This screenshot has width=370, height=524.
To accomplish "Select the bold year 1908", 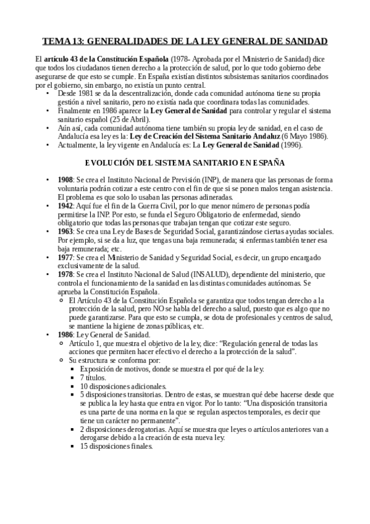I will point(65,179).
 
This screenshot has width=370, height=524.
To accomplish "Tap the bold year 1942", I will point(65,205).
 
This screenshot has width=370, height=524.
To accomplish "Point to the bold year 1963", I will point(65,230).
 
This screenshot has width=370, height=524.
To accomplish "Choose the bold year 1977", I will point(65,256).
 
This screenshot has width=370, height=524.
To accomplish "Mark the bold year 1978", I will point(65,274).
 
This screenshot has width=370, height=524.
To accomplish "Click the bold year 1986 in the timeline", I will point(65,334).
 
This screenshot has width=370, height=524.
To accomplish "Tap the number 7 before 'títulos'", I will point(82,377).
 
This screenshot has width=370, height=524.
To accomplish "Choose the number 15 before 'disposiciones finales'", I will point(84,446).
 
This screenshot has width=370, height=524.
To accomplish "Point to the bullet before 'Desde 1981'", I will point(48,93).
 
